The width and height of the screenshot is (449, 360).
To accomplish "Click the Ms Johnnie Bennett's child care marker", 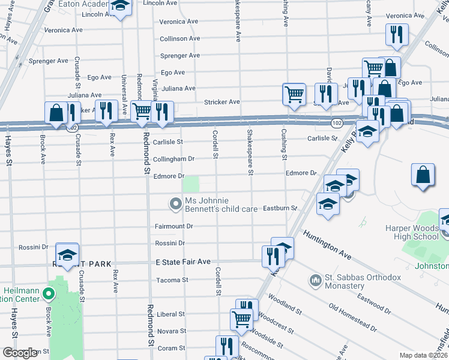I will (175, 205).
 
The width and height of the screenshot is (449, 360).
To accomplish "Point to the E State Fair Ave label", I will (183, 262).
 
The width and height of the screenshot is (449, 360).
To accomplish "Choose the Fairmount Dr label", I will (173, 226).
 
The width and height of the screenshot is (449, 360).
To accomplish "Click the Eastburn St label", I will (280, 208).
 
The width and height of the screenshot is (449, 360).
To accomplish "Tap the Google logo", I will (20, 353).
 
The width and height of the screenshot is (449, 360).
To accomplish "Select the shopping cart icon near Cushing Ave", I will (294, 94).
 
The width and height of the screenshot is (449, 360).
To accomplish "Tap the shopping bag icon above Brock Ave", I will (56, 112).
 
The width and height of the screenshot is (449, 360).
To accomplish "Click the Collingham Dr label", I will (173, 159).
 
